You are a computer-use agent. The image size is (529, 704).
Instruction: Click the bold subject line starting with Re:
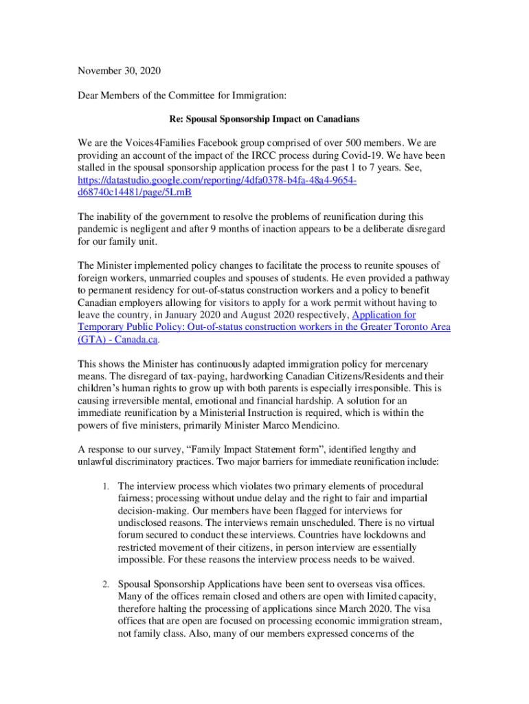(264, 119)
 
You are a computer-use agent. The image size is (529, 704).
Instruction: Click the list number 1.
(104, 486)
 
